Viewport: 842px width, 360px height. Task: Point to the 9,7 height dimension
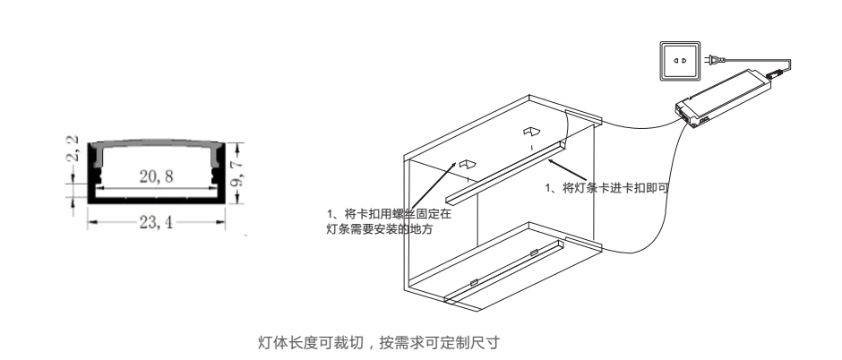point(237,170)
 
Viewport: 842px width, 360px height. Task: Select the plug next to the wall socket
point(713,61)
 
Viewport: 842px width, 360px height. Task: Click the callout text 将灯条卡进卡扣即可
point(608,188)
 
